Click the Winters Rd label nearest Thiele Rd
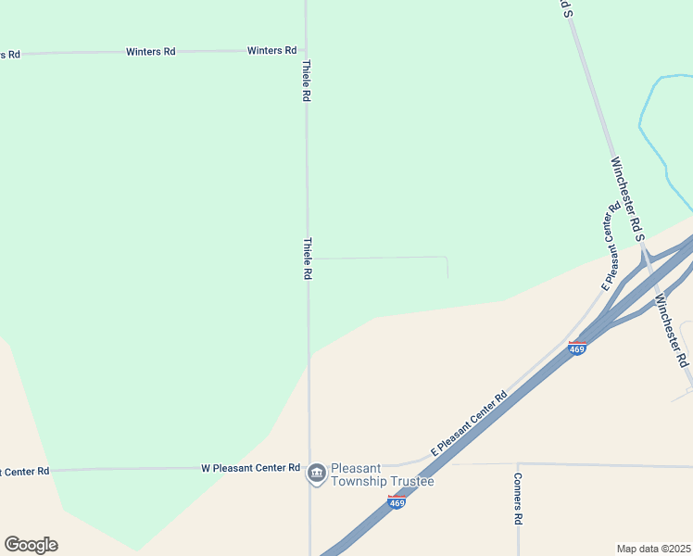271,50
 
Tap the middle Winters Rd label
150,52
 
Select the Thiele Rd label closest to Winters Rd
306,81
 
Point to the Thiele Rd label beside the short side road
307,259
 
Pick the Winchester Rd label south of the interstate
672,330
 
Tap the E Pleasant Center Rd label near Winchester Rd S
611,246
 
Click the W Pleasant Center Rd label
250,468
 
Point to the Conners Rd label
519,499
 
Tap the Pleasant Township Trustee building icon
316,474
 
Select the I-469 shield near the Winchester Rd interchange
577,348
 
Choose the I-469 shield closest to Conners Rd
397,502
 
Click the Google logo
31,545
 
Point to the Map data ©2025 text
653,548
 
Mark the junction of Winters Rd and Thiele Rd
307,50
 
